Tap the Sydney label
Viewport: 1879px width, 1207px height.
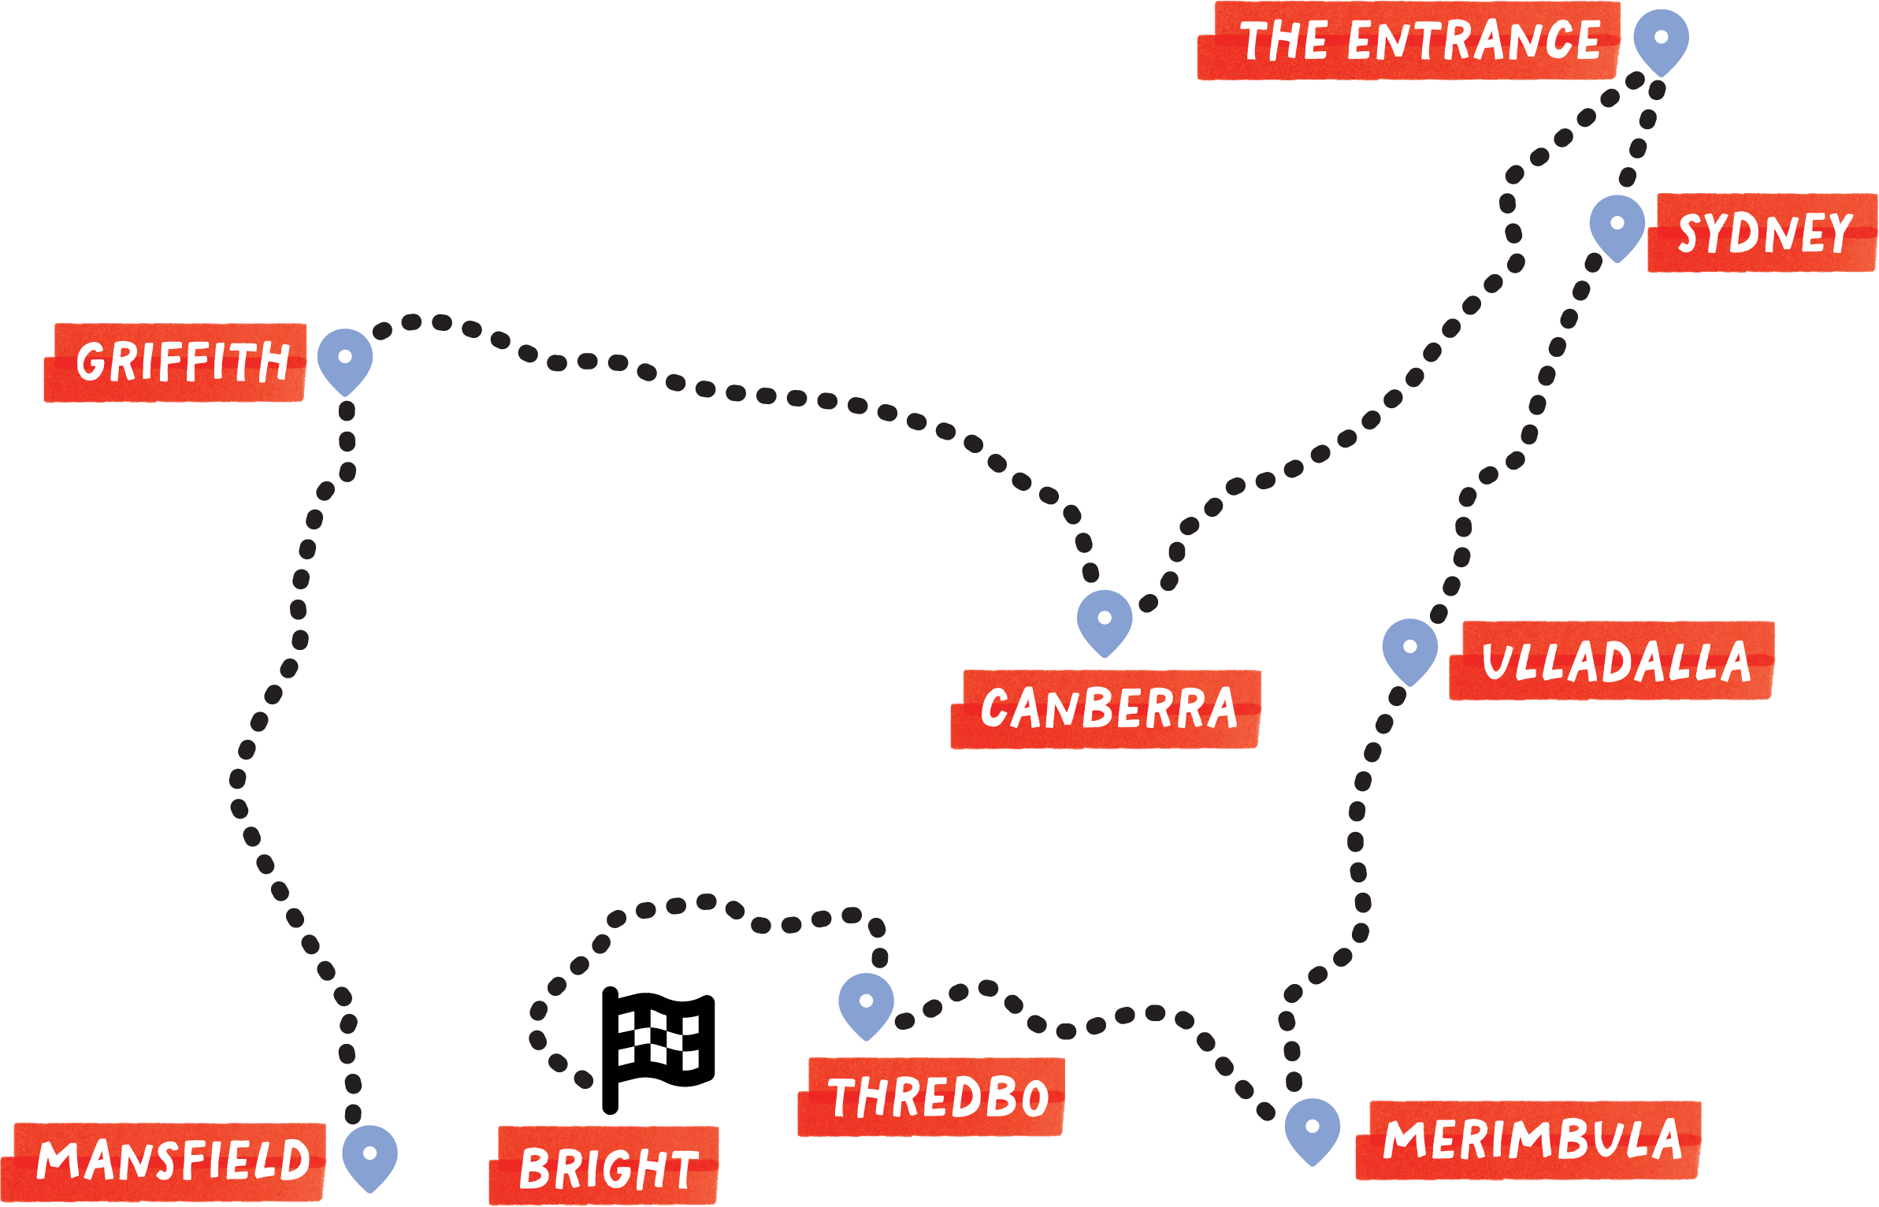1762,232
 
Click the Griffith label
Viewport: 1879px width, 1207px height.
175,362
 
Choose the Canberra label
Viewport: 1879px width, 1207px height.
1106,709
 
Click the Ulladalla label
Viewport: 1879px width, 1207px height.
1612,660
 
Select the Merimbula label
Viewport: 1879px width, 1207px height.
1528,1140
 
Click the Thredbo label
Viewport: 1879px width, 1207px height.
931,1097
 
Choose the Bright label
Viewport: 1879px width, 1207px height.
603,1166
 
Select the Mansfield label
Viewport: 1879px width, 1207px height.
164,1162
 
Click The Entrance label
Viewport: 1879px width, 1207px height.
1409,41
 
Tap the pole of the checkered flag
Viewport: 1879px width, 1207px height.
611,1051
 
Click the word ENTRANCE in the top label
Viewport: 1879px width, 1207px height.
1474,41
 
